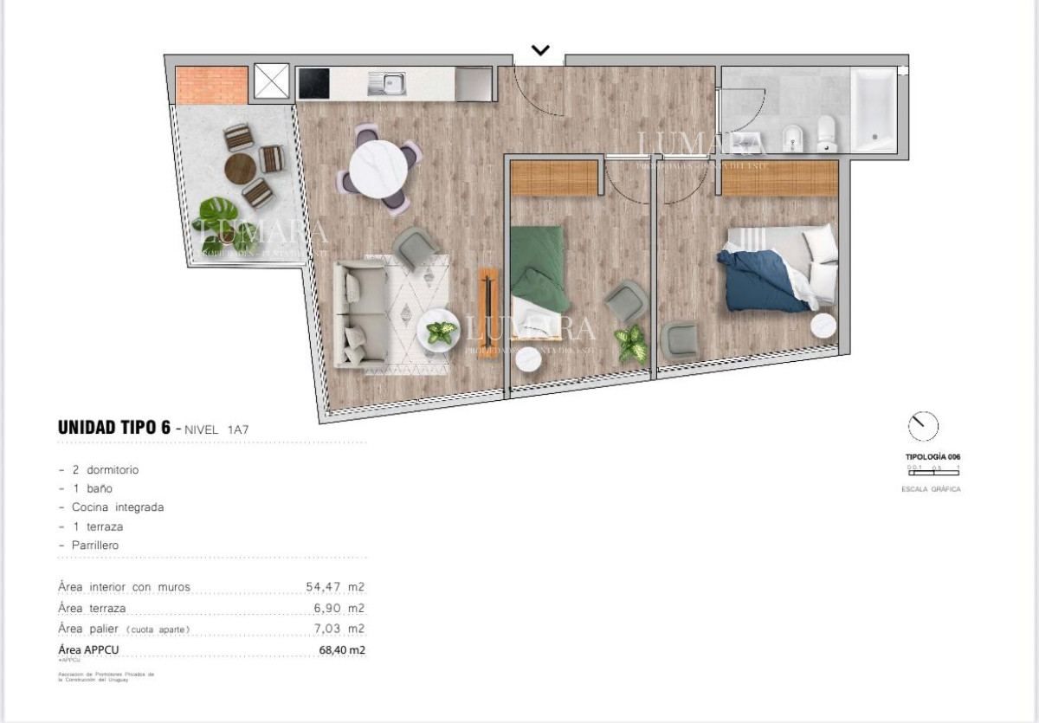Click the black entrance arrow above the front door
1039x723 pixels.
[540, 50]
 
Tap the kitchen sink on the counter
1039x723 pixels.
[387, 84]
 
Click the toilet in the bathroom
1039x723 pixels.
[825, 132]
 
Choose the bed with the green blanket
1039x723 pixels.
[539, 278]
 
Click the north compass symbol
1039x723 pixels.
[923, 426]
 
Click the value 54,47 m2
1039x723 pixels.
[335, 587]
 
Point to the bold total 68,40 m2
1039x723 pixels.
[342, 649]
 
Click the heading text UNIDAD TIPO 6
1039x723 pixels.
[113, 427]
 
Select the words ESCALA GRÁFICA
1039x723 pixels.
[931, 489]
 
